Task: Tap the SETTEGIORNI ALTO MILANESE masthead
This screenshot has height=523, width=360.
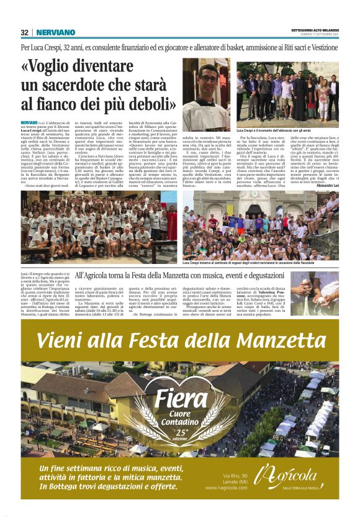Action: [x=315, y=30]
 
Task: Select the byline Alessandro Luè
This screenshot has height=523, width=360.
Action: [x=325, y=186]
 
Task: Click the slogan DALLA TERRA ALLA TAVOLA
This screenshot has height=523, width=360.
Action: [x=302, y=488]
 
